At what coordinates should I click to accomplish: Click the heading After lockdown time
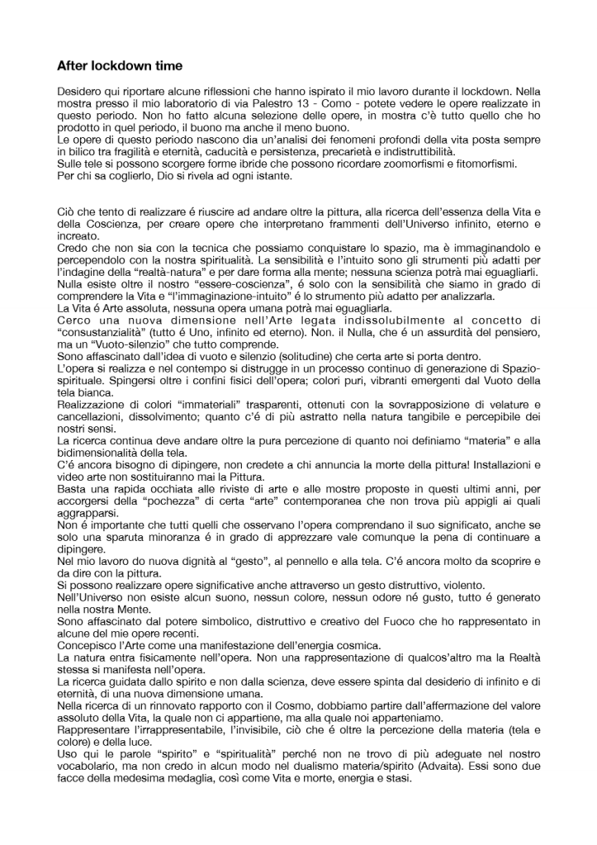(x=120, y=65)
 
